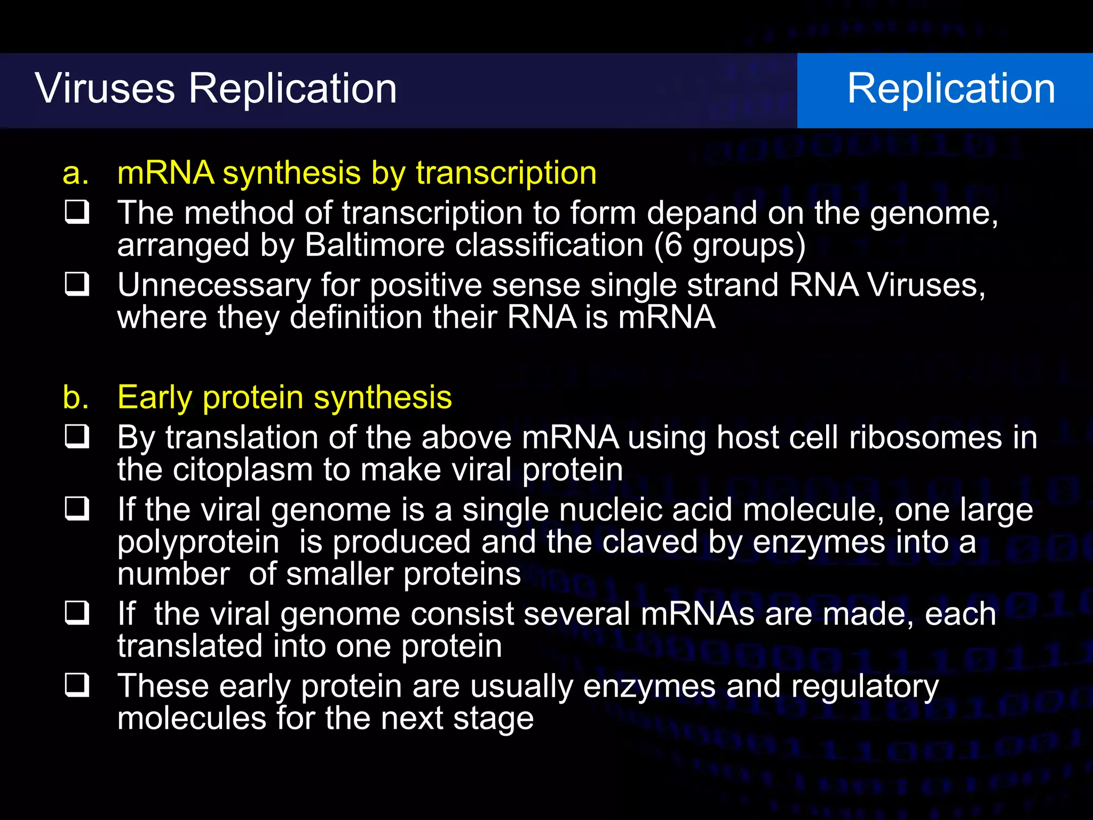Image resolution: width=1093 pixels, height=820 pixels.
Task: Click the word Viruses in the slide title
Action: tap(105, 88)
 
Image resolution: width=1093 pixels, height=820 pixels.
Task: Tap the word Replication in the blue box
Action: tap(951, 88)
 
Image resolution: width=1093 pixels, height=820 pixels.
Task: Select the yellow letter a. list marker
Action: tap(75, 174)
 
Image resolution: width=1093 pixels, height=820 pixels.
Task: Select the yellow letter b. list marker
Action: tap(75, 398)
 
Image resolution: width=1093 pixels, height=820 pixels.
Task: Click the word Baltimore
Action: tap(375, 245)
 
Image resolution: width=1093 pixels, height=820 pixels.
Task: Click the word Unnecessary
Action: tap(213, 286)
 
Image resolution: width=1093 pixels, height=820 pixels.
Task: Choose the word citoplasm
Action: tap(242, 470)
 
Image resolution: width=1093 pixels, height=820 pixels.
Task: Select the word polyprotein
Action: tap(198, 542)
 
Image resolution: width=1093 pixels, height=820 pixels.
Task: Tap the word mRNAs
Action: tap(697, 614)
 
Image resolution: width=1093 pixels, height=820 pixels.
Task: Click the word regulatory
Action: tap(865, 687)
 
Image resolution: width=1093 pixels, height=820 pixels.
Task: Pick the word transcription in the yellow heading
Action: tap(506, 174)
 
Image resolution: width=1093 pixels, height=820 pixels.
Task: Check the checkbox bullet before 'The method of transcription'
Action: tap(77, 212)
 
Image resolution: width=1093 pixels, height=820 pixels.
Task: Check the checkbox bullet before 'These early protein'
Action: tap(77, 685)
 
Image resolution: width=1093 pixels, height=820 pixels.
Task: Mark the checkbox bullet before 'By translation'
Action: tap(77, 437)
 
